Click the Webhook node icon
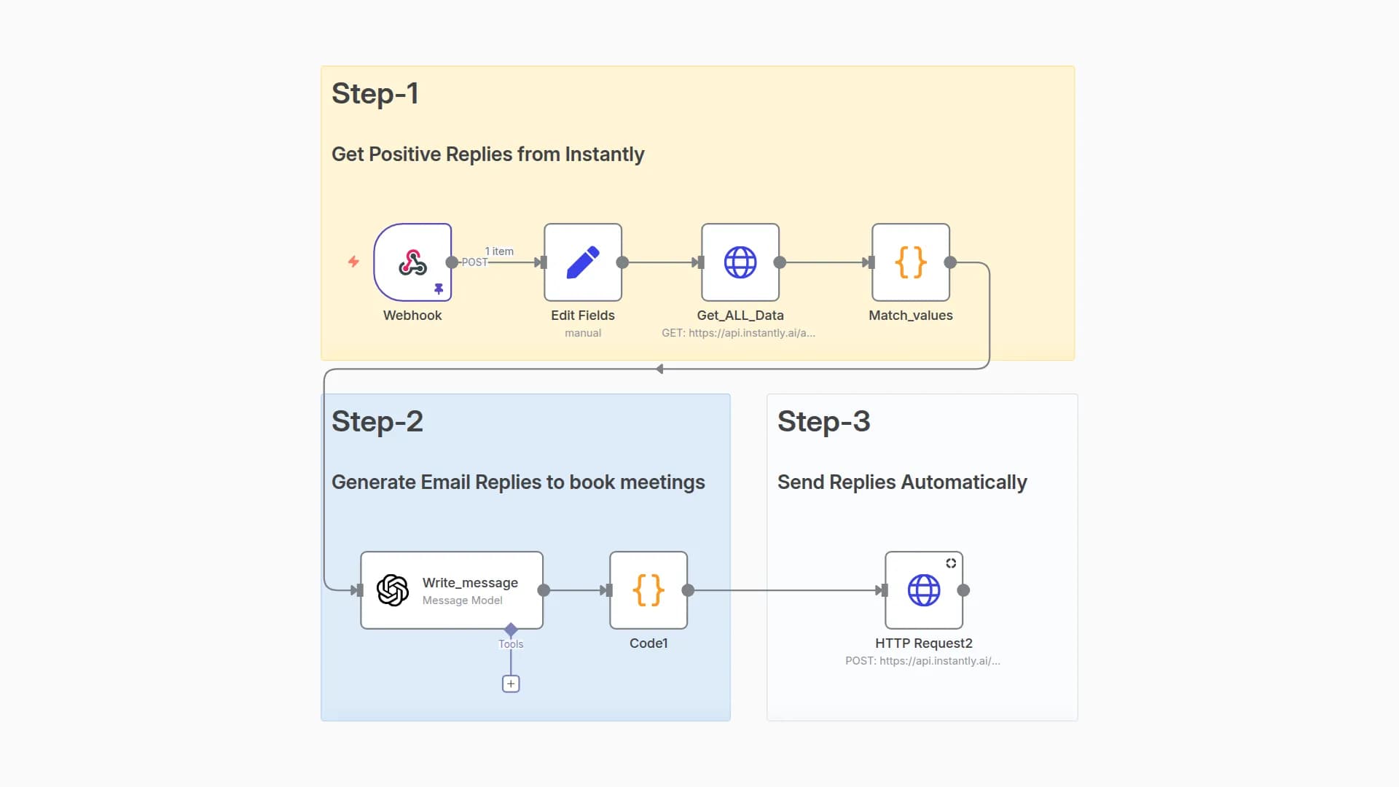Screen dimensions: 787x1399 (x=412, y=262)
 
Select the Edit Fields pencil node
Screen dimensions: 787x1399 (x=583, y=262)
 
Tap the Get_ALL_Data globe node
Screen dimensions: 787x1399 (x=740, y=262)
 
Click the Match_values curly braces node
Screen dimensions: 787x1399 (x=911, y=262)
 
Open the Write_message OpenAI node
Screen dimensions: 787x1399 (x=452, y=590)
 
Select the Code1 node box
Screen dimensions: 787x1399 (x=648, y=590)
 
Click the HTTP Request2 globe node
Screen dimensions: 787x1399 (x=924, y=590)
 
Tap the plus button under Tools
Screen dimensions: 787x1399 (x=511, y=684)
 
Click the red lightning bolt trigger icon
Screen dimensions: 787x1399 (x=353, y=262)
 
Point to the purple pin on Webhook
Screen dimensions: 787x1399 (x=439, y=289)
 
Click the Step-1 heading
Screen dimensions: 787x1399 (x=375, y=94)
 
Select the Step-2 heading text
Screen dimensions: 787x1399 (x=377, y=422)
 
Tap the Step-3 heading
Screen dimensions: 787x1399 (x=823, y=422)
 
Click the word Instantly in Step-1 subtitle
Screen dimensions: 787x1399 (x=604, y=154)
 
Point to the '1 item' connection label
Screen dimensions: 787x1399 (x=499, y=251)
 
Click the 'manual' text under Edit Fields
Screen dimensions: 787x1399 (x=583, y=333)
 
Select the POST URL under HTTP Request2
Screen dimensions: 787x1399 (x=922, y=661)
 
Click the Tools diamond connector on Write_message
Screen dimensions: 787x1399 (x=511, y=629)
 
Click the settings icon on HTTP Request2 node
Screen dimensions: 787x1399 (x=951, y=563)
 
